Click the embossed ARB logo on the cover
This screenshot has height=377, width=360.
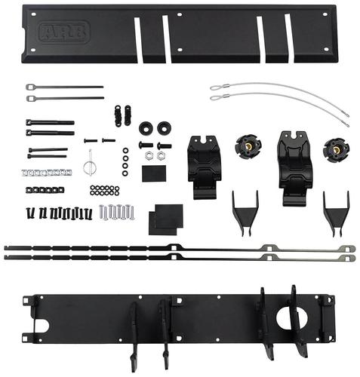64,32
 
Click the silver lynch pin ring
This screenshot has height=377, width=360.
88,167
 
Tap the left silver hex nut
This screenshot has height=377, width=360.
149,156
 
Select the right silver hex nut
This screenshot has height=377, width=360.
161,156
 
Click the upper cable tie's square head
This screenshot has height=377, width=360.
30,87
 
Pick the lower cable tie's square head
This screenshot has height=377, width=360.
31,98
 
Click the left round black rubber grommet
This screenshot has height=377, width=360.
146,128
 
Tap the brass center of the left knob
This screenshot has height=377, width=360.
248,146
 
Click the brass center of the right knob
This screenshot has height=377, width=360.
336,150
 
